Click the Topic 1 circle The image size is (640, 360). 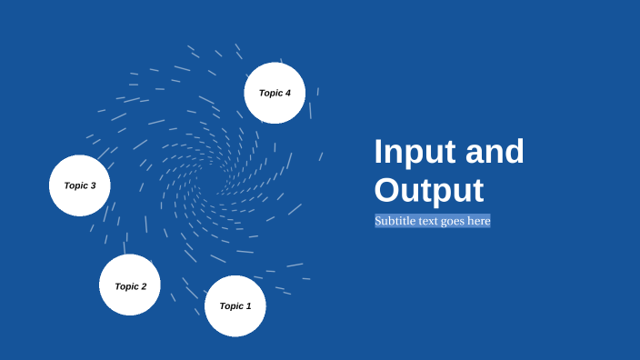(235, 305)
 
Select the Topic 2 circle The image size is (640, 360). (130, 285)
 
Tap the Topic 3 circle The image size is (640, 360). (80, 185)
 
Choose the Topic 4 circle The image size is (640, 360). (275, 93)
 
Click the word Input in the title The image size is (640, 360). (415, 152)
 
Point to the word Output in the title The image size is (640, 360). (429, 190)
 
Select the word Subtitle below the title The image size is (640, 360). (396, 221)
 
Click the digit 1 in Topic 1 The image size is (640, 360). (248, 306)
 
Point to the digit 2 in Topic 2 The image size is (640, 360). (143, 286)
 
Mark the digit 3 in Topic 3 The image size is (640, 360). (93, 185)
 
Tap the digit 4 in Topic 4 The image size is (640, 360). (288, 93)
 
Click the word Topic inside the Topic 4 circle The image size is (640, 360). (271, 93)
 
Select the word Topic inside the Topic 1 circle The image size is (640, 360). (231, 306)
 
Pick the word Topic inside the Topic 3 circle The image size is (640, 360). (75, 185)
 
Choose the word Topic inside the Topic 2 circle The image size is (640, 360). (126, 286)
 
